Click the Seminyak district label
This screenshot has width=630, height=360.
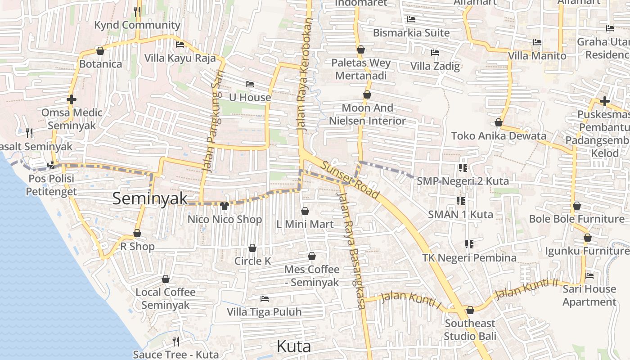pos(150,198)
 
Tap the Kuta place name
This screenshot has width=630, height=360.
pos(293,346)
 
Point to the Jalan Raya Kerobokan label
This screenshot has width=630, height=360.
pos(305,74)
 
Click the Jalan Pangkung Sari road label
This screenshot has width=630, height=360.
pos(214,121)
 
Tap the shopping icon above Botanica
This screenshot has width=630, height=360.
pos(100,51)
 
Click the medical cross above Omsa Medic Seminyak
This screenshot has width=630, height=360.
pos(72,99)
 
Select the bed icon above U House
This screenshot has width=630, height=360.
pos(250,84)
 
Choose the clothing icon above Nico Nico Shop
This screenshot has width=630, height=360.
pos(225,206)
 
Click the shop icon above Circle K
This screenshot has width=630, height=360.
pos(252,248)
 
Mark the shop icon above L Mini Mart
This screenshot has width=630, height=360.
pos(305,211)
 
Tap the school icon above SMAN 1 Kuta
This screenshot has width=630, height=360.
pos(460,201)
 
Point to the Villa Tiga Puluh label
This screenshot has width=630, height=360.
pos(264,312)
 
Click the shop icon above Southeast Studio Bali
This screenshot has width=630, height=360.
pos(470,310)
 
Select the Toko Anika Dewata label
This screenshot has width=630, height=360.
pos(499,135)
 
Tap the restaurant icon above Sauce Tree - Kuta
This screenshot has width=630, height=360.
pos(176,342)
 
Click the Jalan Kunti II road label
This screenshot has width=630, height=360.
pos(526,289)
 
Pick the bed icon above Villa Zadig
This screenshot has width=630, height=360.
pos(435,53)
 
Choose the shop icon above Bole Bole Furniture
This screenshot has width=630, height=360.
pos(577,206)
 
